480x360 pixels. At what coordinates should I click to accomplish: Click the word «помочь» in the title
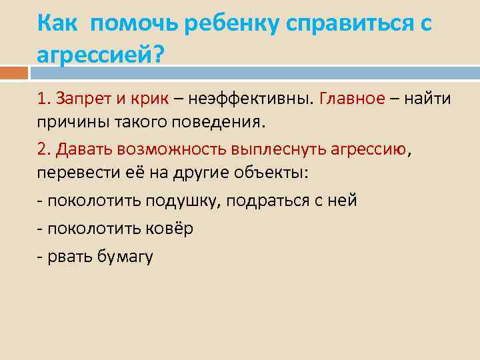click(x=132, y=24)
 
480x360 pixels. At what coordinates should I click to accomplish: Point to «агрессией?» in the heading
click(x=100, y=55)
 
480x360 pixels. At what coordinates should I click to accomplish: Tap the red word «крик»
click(x=151, y=99)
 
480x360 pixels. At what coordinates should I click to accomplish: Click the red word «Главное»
click(x=352, y=99)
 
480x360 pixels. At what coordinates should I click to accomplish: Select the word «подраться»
click(x=267, y=200)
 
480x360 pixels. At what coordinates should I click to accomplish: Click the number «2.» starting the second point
click(x=45, y=149)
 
